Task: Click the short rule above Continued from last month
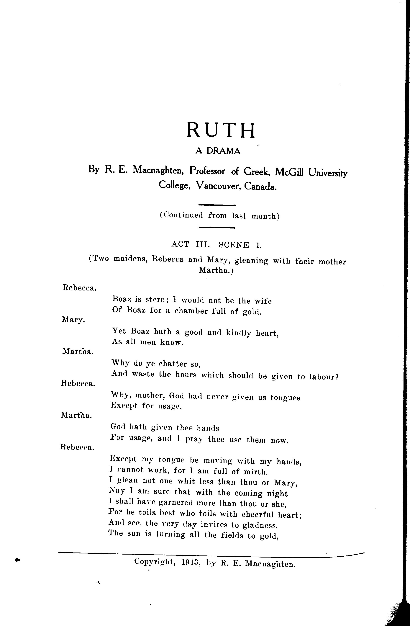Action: [217, 205]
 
